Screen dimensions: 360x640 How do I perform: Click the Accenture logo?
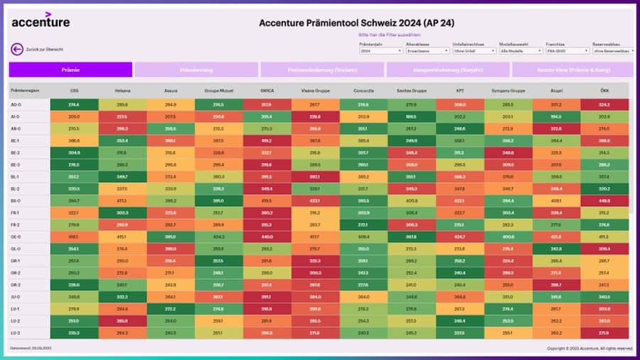(41, 21)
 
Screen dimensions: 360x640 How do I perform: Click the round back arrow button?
(17, 49)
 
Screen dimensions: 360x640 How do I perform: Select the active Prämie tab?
(70, 70)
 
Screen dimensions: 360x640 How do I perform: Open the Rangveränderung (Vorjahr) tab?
(448, 70)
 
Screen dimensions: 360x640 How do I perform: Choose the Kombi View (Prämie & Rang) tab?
(572, 70)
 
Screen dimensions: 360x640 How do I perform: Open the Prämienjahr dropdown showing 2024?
(380, 51)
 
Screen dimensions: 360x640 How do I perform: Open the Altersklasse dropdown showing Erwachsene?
(427, 51)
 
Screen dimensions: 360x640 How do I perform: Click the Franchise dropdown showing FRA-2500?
(567, 51)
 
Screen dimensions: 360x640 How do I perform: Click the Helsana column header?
(122, 91)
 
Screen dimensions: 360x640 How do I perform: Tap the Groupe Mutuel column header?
(218, 91)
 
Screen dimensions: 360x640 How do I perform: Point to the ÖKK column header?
(604, 91)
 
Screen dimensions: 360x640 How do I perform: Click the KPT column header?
(459, 91)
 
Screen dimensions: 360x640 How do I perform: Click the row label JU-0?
(16, 297)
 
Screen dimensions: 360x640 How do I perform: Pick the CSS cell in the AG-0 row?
(74, 105)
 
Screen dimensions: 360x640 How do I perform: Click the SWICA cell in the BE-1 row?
(267, 141)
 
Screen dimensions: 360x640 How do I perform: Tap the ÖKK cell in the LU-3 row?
(604, 333)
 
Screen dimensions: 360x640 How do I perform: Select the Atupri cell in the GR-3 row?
(556, 285)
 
